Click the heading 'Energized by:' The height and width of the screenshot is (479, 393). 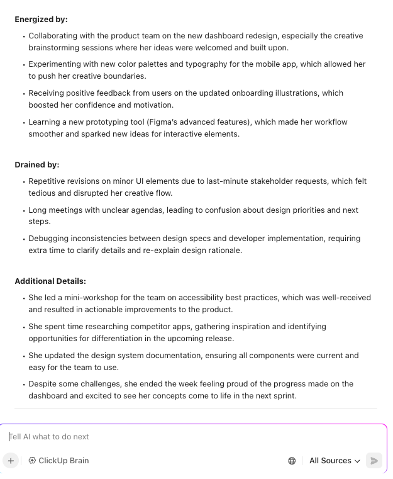41,20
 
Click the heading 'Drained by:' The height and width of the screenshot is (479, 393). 36,165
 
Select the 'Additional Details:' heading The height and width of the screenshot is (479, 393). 50,281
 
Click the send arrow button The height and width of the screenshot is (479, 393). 374,461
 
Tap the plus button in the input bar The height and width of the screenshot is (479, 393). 11,461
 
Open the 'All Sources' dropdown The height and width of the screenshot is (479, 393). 335,461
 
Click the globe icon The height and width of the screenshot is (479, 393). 292,461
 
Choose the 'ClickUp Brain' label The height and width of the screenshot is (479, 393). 63,461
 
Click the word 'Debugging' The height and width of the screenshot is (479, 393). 50,239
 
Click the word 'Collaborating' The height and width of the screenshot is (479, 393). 54,36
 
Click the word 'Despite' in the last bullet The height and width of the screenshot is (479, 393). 43,384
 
